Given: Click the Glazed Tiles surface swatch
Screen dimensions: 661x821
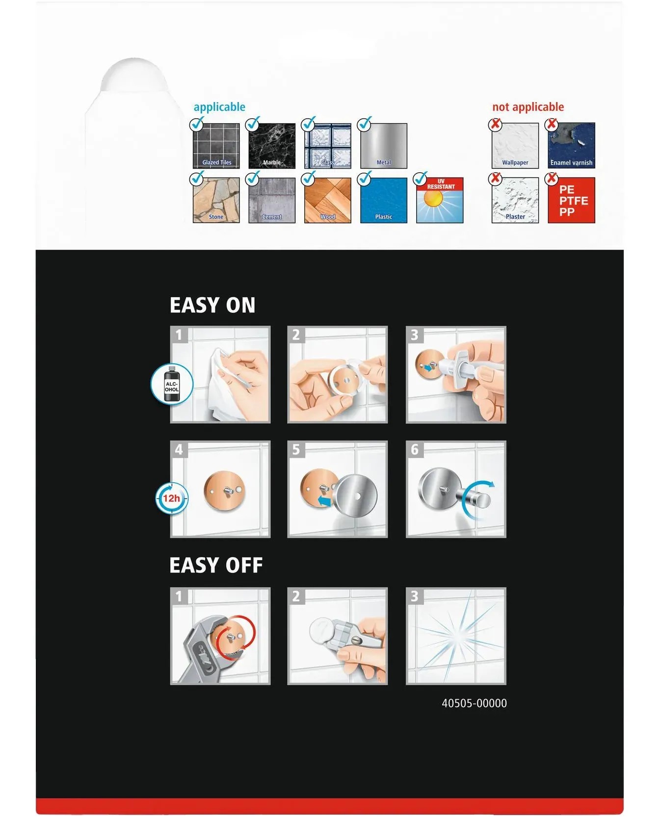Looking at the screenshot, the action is point(216,146).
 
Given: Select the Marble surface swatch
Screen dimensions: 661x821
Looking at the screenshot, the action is point(272,146).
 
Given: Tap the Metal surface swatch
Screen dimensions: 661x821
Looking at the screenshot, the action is point(384,146).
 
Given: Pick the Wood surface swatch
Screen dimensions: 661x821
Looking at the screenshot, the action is point(328,200).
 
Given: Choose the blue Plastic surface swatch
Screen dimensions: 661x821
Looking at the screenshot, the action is point(384,200).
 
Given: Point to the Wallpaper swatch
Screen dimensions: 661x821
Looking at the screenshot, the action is point(515,146).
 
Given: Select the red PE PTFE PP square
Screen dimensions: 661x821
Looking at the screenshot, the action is point(571,200).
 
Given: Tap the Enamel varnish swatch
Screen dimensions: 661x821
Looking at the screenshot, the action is point(571,146).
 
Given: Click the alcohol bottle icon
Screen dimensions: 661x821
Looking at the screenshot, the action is point(172,384).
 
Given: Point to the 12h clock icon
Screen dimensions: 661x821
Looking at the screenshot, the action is point(172,498).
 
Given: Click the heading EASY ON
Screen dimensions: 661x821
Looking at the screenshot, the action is point(212,305).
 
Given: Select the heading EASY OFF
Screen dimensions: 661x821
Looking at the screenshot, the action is point(216,565).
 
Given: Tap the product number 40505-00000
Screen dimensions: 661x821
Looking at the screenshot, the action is point(474,703).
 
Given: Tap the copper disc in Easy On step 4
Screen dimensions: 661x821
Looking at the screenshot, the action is point(225,491).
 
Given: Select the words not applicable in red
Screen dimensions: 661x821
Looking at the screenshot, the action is point(528,107).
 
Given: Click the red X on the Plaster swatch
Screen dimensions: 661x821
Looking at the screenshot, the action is point(496,179).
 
